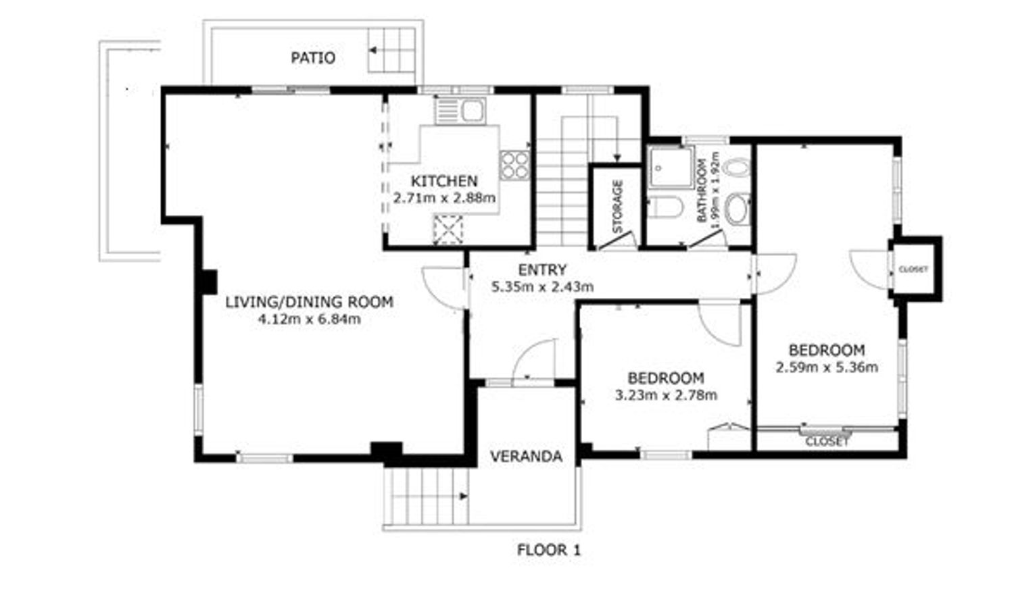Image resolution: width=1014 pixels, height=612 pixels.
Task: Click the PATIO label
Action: [313, 58]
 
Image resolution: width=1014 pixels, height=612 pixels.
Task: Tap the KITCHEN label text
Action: [444, 181]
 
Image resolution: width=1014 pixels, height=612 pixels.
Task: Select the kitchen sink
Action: [460, 111]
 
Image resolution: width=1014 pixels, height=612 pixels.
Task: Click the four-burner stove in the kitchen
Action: [514, 165]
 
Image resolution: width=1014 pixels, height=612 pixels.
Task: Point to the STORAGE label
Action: [618, 206]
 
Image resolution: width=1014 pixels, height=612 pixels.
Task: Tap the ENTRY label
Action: [542, 270]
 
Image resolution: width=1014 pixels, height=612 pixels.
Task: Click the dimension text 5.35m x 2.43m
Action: [542, 286]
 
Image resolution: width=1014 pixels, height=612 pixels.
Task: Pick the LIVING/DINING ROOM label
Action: [310, 302]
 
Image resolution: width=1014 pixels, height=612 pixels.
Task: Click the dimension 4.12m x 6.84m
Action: [310, 320]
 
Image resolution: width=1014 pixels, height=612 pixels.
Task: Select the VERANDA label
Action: [527, 457]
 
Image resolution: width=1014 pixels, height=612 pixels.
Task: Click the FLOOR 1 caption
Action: [549, 550]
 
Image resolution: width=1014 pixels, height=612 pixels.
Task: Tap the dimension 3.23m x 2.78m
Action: [666, 395]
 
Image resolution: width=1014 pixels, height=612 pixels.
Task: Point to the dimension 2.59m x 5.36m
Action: [827, 367]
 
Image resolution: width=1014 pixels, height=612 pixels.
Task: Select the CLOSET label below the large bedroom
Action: [827, 442]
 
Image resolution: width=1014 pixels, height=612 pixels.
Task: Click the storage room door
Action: [617, 240]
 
